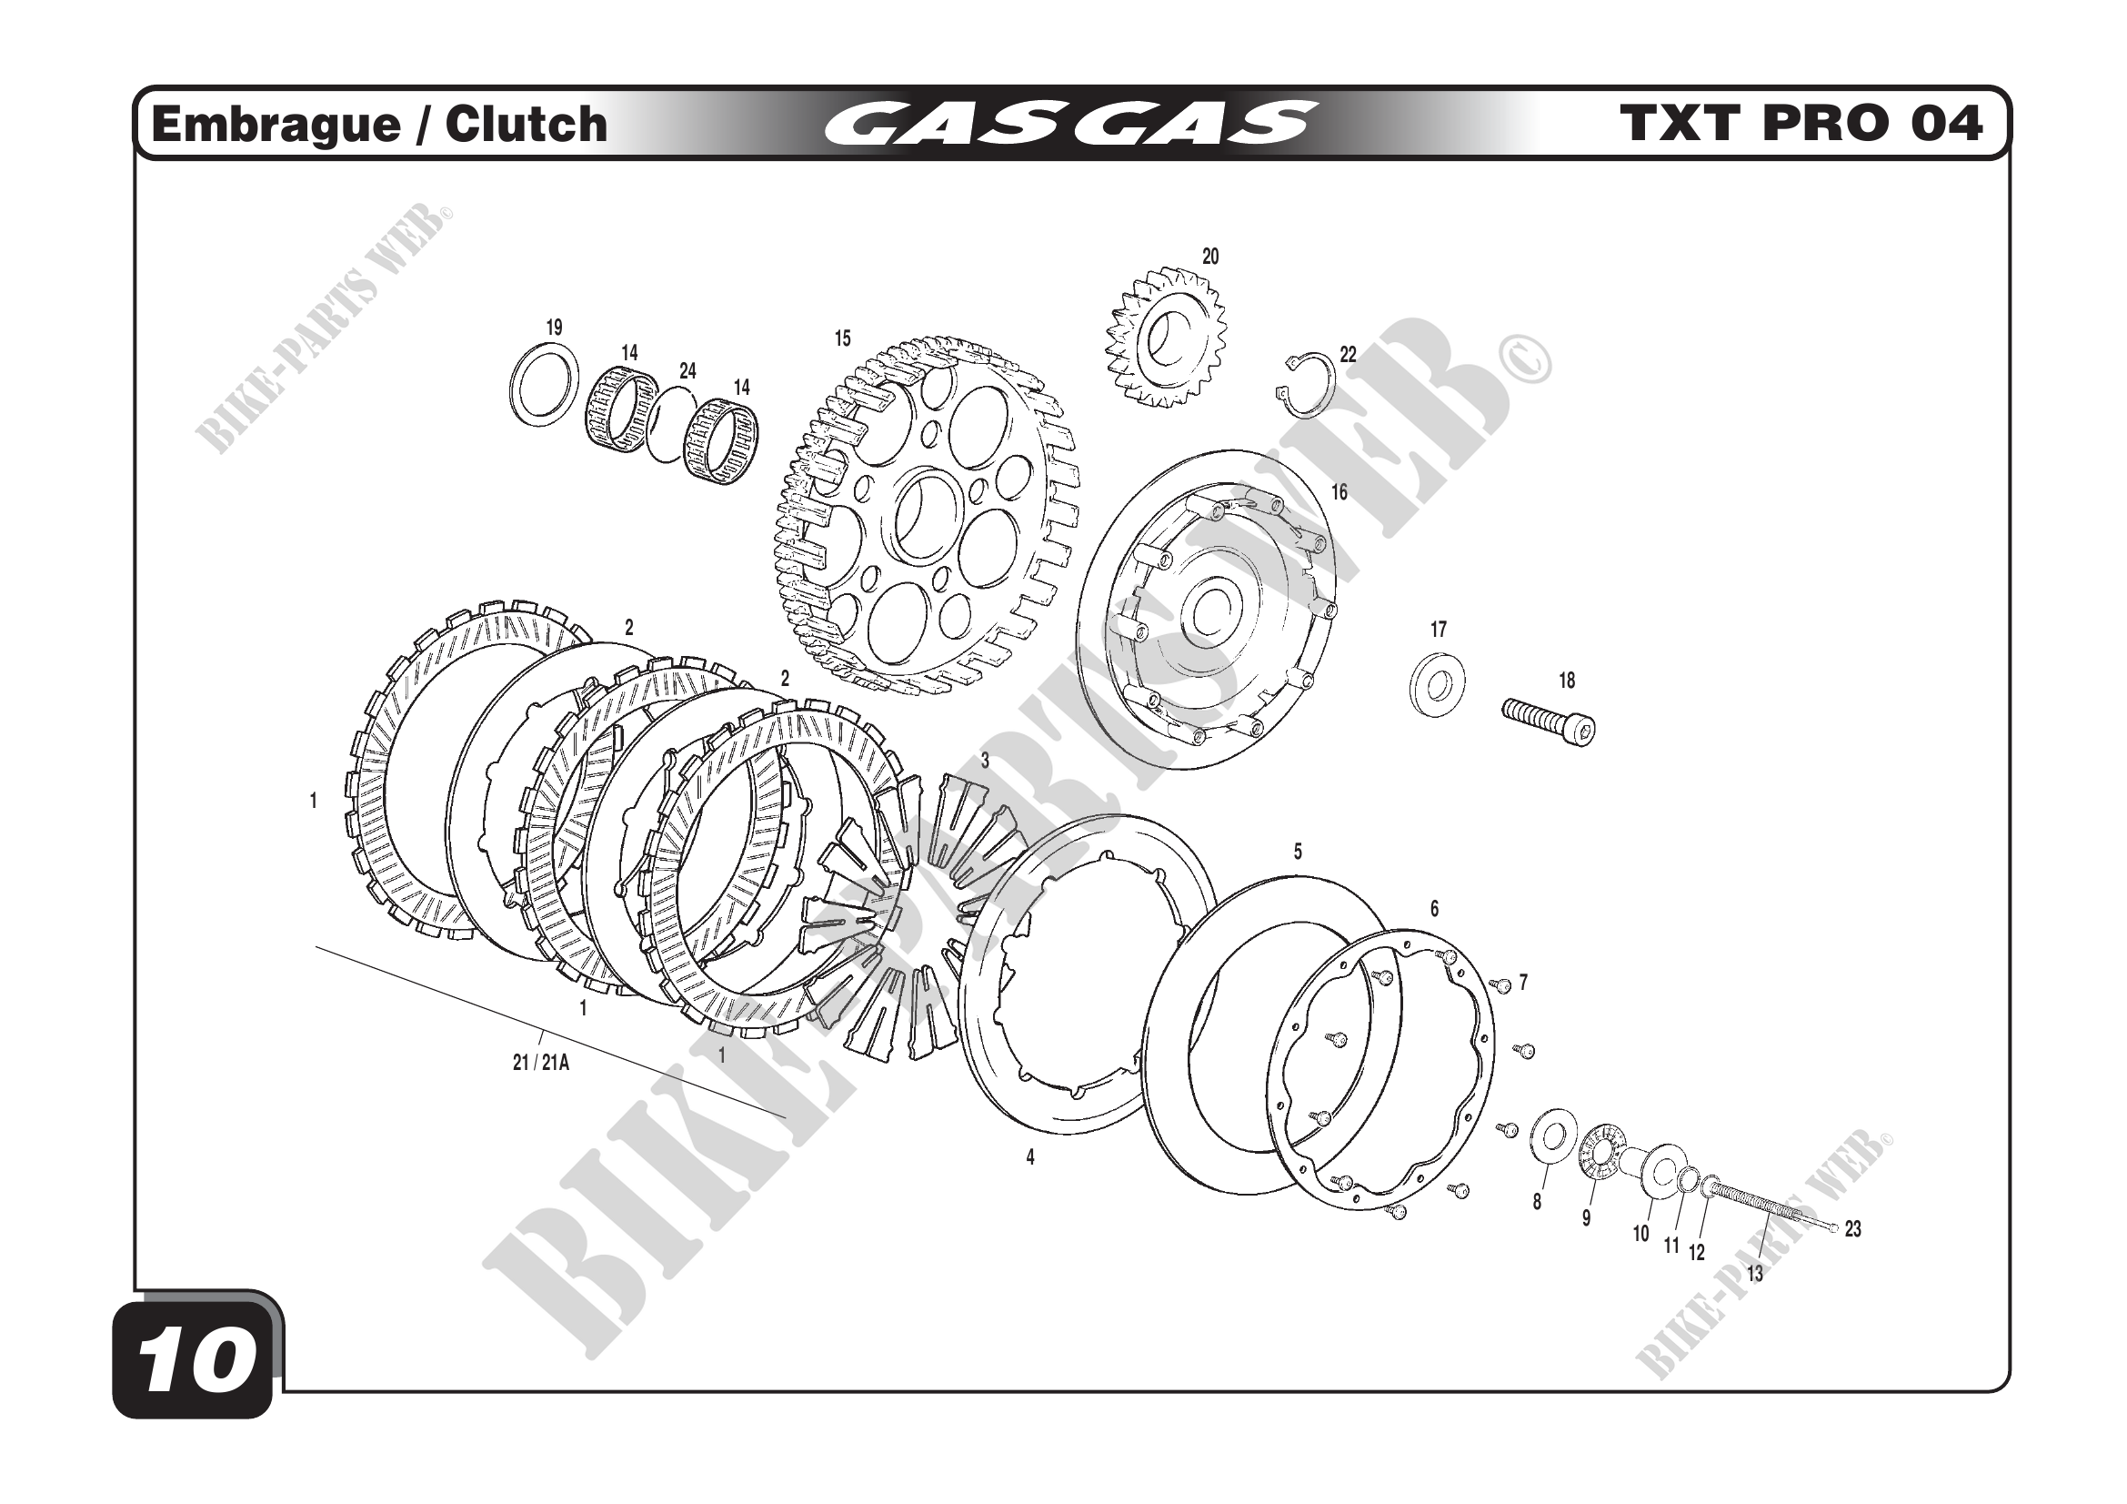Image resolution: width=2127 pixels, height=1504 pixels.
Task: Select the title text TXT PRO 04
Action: coord(1801,123)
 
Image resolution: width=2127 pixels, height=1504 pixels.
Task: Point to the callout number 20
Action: coord(1209,257)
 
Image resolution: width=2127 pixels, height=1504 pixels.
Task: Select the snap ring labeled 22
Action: coord(1304,381)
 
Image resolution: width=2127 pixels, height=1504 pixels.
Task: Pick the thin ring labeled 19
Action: coord(546,385)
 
